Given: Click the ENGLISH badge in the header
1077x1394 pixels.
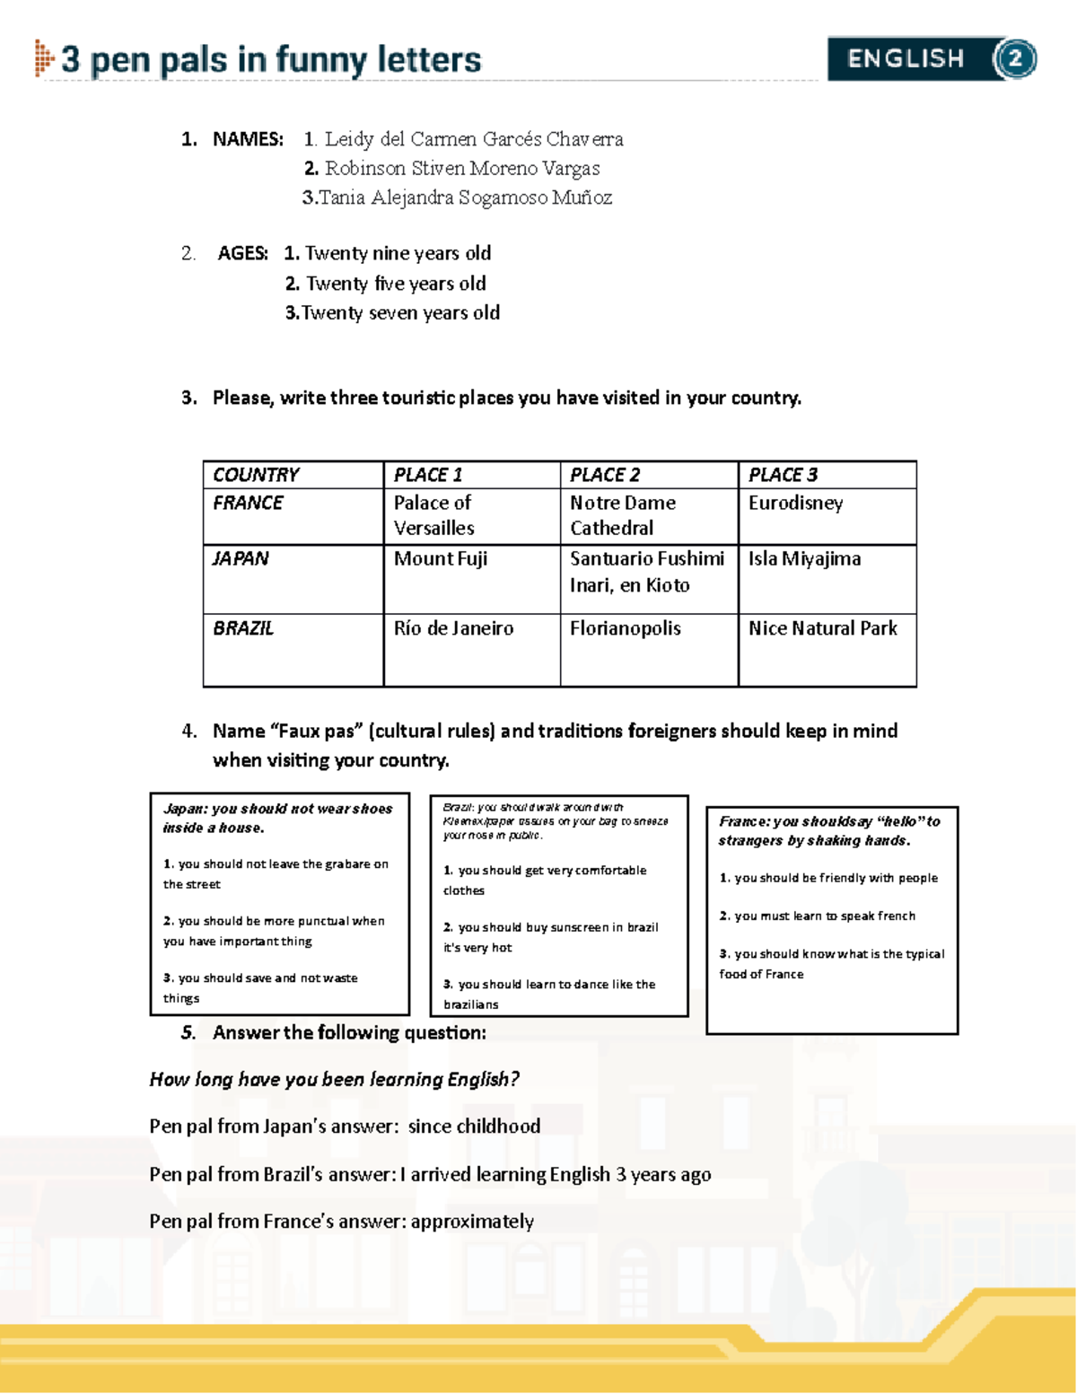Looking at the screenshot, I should click(906, 59).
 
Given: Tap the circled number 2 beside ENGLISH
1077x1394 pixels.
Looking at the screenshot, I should click(1015, 59).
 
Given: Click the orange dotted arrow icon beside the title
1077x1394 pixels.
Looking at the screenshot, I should click(43, 58).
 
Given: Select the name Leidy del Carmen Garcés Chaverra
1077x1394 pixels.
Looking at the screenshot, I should click(474, 139).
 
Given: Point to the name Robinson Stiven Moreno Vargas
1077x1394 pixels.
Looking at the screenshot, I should click(462, 168).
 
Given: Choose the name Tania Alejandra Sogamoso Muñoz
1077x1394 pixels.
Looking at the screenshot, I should click(465, 197).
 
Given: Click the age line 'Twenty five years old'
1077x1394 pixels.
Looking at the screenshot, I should click(396, 284).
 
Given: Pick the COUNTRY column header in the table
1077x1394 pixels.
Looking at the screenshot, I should click(257, 475).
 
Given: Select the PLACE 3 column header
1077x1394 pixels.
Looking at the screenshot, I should click(783, 475).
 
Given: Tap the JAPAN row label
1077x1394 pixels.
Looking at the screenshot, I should click(241, 558).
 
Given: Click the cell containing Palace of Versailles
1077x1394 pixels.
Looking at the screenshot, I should click(434, 515).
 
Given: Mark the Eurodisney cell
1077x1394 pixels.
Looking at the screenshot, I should click(796, 503).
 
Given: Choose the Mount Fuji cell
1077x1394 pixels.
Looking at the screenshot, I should click(441, 558).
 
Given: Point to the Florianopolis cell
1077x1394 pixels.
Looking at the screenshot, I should click(626, 628).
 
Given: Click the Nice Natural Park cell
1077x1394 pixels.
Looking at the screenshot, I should click(823, 628).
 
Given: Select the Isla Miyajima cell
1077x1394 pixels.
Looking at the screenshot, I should click(805, 558).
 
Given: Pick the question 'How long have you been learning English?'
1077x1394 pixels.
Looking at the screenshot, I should click(335, 1079).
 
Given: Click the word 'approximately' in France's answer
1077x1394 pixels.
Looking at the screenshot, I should click(472, 1221).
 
